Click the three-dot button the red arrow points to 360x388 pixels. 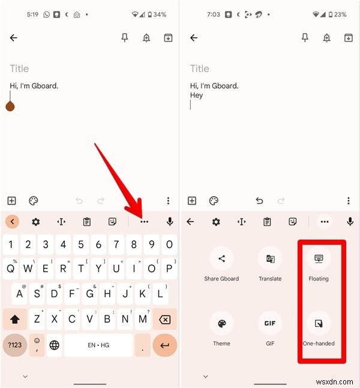[144, 222]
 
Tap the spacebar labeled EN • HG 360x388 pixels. [98, 345]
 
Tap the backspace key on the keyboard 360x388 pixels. [164, 320]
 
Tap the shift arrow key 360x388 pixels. [15, 320]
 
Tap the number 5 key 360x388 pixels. [81, 244]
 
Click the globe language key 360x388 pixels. [55, 345]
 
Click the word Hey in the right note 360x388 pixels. [196, 95]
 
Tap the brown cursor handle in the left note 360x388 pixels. [10, 106]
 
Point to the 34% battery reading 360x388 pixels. [160, 14]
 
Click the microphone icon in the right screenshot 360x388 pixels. [350, 222]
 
